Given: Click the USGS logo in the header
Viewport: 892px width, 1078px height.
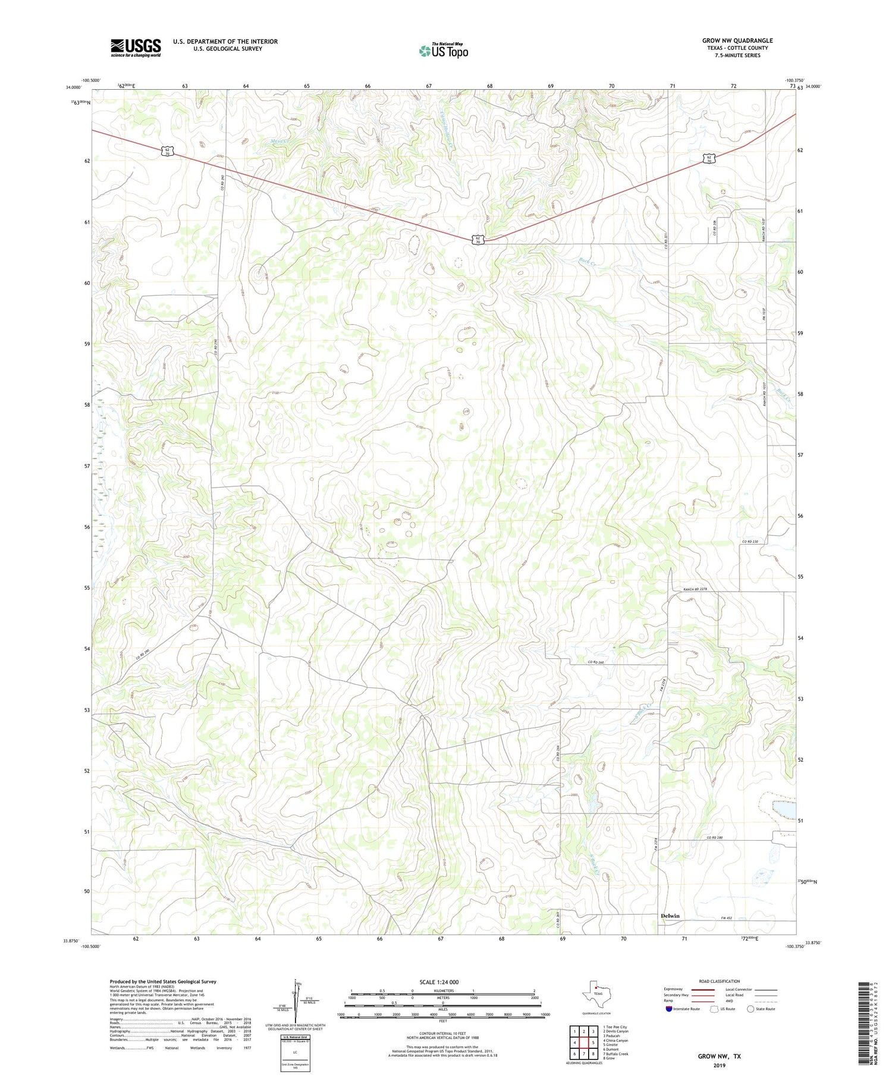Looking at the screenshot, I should click(136, 48).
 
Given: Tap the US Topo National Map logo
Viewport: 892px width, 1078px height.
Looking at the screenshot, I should click(443, 51).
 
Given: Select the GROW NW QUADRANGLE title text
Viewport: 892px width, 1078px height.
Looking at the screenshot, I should click(737, 40).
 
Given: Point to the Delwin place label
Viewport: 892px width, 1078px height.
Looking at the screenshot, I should click(670, 916).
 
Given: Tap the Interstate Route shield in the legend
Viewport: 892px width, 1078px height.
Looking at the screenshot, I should click(670, 1009).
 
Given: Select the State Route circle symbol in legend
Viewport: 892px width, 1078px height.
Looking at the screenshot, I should click(750, 1008).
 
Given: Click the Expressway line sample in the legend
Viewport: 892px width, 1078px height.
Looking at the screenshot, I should click(706, 989).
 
